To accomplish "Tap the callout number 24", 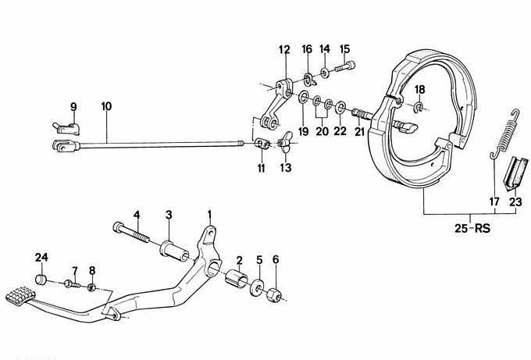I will [41, 257].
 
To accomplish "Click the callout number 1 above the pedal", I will [208, 213].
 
